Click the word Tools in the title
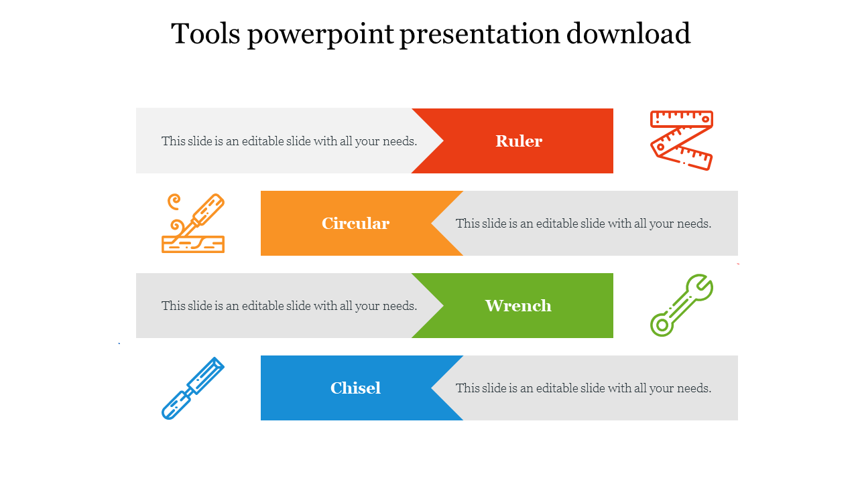[205, 33]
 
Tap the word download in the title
[628, 33]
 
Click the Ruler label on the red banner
[519, 141]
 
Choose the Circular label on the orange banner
[355, 224]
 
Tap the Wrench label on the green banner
[518, 306]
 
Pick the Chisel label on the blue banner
[355, 388]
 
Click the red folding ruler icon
[682, 141]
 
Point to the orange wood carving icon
[193, 223]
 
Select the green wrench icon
[681, 306]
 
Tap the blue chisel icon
[192, 388]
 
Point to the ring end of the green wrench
[661, 325]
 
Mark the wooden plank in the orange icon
[193, 244]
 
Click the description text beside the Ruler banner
[289, 141]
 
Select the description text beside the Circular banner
[583, 224]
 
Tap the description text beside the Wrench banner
[289, 306]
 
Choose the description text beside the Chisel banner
[583, 388]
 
